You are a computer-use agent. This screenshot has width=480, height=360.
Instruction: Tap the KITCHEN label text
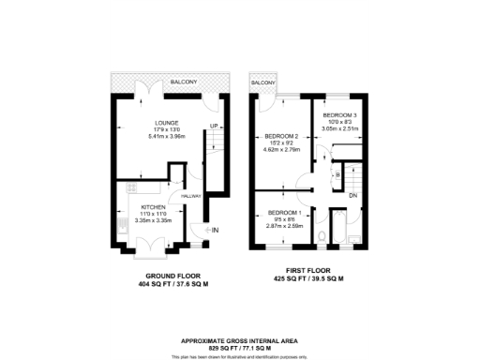coord(154,206)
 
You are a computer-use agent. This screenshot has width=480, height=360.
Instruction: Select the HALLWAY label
coord(191,196)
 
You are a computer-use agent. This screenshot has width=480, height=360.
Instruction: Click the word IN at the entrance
coord(215,230)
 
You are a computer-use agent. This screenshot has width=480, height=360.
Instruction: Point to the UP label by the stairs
coord(213,126)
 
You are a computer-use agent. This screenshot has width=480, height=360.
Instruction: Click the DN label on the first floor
coord(352,195)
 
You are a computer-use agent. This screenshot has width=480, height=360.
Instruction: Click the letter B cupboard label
coord(336,174)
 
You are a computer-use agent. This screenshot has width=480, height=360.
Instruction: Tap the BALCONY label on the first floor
coord(262,82)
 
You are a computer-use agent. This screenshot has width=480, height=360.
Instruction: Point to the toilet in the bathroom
coord(322,235)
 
